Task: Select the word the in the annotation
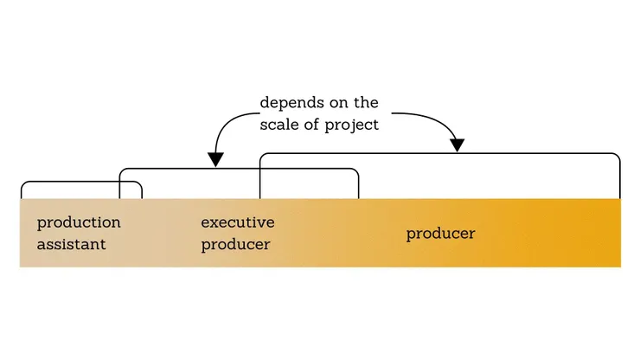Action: coord(367,103)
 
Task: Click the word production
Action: coord(79,223)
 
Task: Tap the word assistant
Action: coord(71,245)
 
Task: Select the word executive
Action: coord(238,222)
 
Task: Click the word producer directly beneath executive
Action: coord(235,245)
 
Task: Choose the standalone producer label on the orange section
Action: coord(440,234)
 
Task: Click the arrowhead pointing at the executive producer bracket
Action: coord(215,159)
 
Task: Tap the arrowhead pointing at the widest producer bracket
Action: coord(458,145)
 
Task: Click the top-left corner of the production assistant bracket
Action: coord(23,184)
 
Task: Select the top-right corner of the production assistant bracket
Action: coord(139,184)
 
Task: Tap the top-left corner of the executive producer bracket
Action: coord(121,171)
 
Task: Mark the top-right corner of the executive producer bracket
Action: coord(355,171)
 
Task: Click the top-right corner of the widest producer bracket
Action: coord(618,157)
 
